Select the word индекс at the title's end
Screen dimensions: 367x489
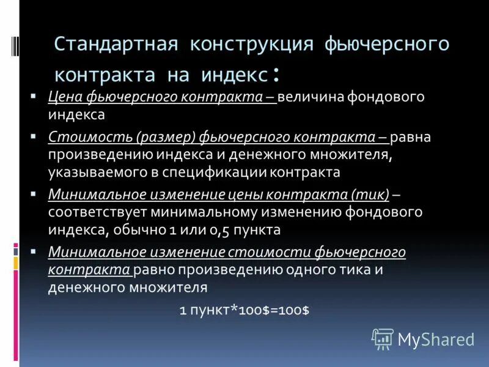pyautogui.click(x=233, y=75)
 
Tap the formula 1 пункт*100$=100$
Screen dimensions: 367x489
pyautogui.click(x=244, y=310)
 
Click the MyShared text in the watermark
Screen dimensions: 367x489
pyautogui.click(x=436, y=339)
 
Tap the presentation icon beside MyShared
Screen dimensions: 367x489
pyautogui.click(x=383, y=339)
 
